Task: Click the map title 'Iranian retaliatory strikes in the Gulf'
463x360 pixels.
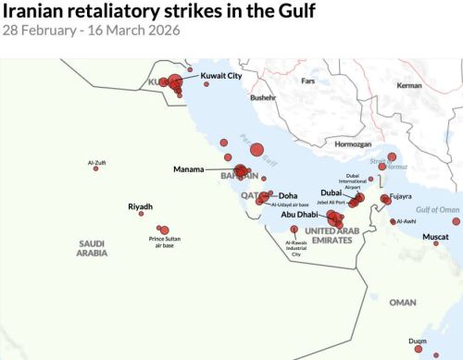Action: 158,11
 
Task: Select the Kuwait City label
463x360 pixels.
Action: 221,76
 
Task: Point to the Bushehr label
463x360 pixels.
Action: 263,96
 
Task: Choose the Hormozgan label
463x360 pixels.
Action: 353,144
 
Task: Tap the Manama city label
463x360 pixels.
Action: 189,169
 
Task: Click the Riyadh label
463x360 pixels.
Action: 140,206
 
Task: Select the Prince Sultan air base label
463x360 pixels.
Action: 165,242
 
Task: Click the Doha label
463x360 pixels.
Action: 288,195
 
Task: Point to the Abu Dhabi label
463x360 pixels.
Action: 300,215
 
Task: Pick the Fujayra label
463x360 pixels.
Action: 401,196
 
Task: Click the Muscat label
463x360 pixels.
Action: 435,237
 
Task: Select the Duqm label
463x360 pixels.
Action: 417,341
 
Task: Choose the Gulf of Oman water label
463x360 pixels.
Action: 438,210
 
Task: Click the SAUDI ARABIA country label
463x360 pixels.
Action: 92,247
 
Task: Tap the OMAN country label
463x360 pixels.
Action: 403,302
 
